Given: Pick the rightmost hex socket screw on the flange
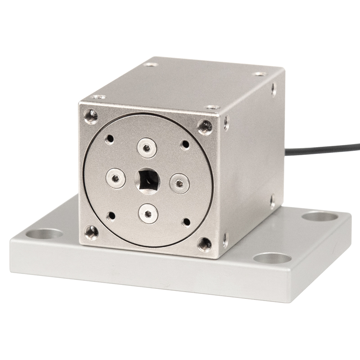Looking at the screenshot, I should [x=179, y=183].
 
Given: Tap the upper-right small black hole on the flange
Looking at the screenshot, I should [x=185, y=145].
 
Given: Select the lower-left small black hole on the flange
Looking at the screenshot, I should [x=111, y=216].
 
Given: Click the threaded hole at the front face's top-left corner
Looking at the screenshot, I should [x=92, y=116].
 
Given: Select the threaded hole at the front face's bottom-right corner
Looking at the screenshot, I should [x=204, y=243].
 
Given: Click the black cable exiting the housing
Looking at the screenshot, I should [x=324, y=149].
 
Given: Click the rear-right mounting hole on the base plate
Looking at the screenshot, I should [x=320, y=216].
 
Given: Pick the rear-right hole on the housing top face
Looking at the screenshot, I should [x=260, y=74].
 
